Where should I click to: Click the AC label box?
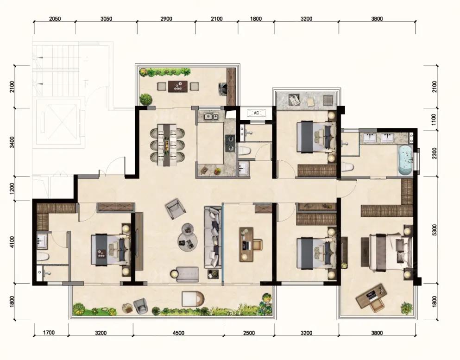pos(256,113)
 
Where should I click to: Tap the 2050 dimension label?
pos(55,19)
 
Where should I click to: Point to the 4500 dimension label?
pos(178,333)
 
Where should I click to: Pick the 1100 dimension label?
pos(435,119)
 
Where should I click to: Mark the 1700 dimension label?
pos(49,333)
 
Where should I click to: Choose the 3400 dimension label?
pos(12,142)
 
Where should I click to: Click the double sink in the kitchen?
pos(211,117)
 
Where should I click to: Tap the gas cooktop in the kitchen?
pos(230,143)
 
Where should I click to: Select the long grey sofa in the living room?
pos(213,237)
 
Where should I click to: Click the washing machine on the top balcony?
pos(223,87)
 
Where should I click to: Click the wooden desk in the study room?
pos(246,244)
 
